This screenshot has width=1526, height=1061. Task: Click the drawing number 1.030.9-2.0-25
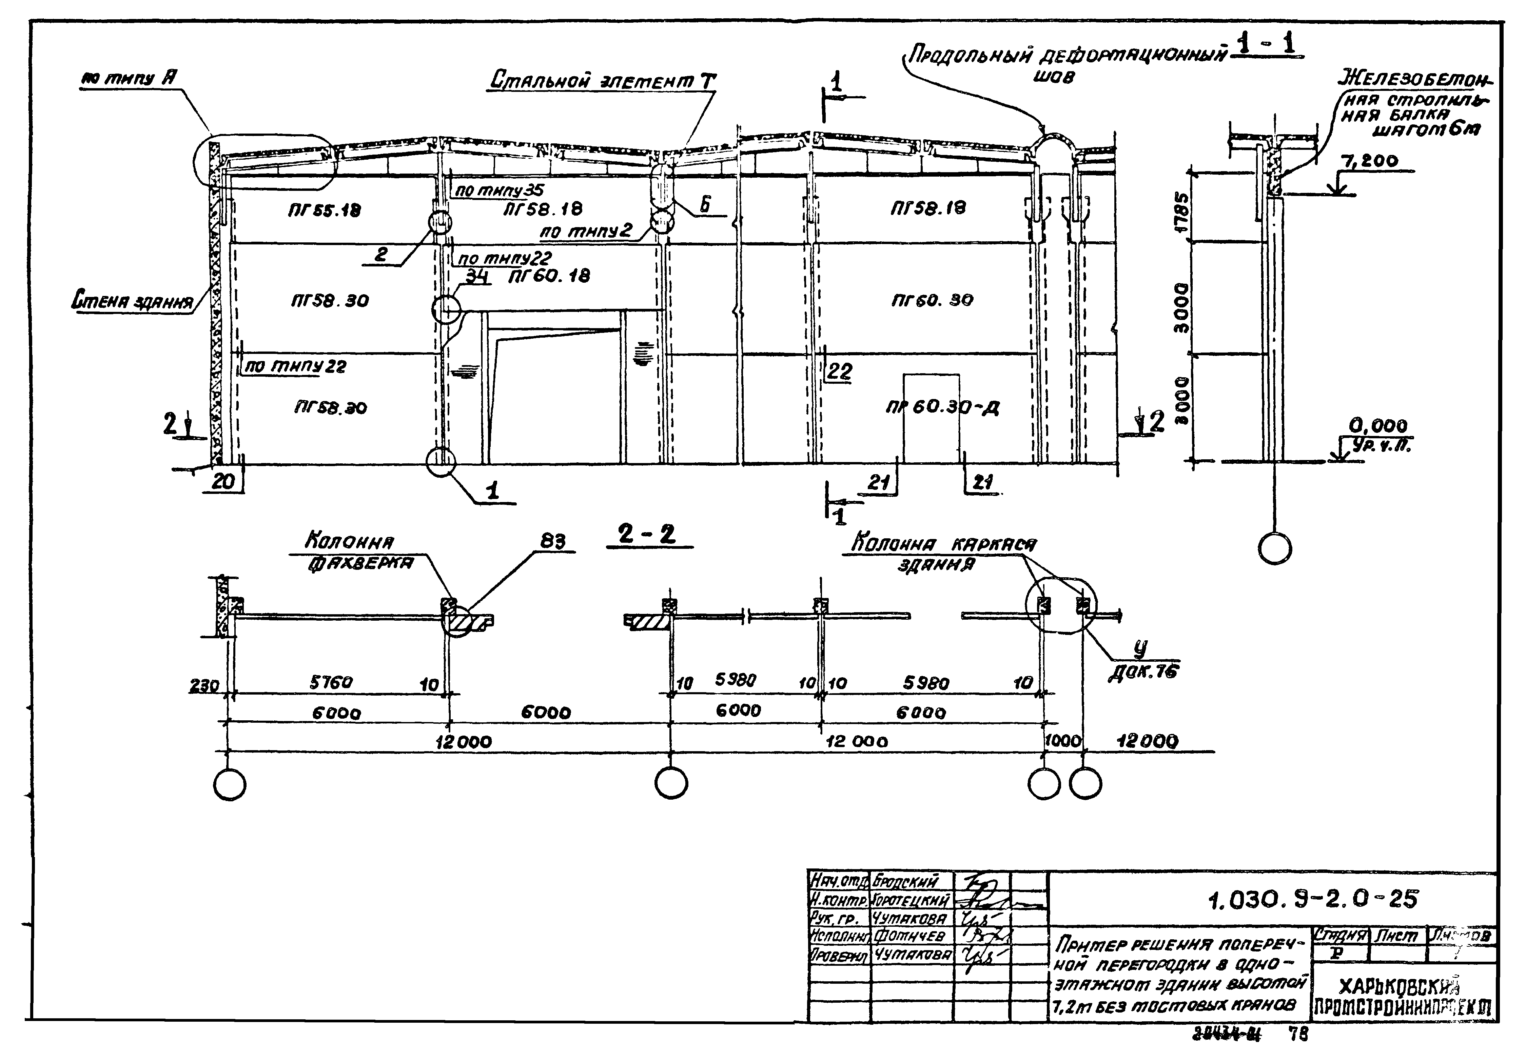tap(1313, 900)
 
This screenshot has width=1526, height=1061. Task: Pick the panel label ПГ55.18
tap(316, 211)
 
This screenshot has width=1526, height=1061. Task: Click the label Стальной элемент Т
tap(602, 81)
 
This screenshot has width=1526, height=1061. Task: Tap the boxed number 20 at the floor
tap(223, 481)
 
